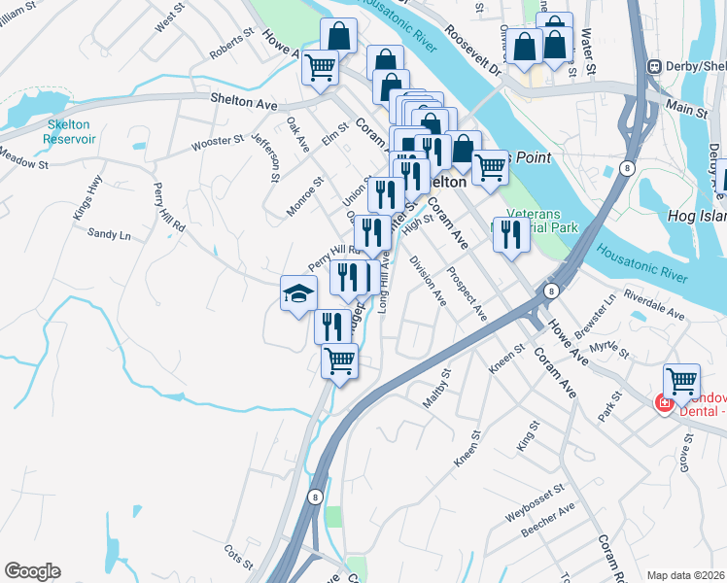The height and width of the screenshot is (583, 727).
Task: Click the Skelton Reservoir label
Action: (x=70, y=132)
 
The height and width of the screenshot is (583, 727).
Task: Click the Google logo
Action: (x=32, y=571)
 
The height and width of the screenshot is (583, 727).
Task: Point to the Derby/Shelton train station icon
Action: (x=655, y=66)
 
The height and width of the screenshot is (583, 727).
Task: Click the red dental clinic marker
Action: (x=665, y=402)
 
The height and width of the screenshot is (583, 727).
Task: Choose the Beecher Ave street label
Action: (x=548, y=523)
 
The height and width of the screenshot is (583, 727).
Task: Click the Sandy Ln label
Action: (x=109, y=234)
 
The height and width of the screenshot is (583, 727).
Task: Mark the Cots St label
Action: (x=238, y=558)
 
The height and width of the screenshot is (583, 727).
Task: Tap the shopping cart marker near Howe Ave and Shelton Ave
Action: (x=320, y=67)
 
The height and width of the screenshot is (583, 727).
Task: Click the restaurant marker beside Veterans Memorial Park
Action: (x=510, y=234)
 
